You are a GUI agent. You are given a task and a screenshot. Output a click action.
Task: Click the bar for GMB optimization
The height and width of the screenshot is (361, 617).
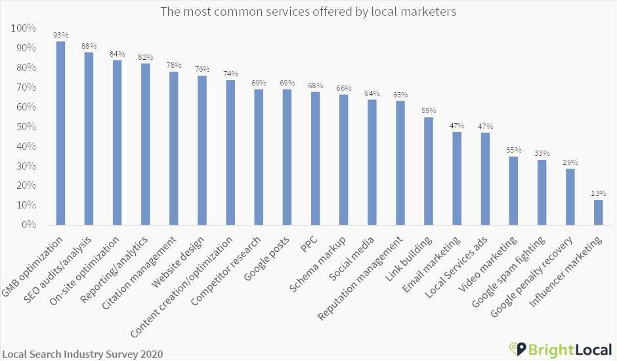(x=60, y=133)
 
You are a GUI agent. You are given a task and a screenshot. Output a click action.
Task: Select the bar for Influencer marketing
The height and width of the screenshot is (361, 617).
(x=598, y=212)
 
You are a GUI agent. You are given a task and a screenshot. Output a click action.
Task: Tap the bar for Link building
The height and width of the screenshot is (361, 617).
(x=429, y=171)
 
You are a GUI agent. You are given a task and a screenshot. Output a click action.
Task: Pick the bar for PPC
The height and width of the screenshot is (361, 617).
(x=315, y=158)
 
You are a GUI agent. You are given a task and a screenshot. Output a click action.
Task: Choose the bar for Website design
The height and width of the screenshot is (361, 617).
(x=202, y=151)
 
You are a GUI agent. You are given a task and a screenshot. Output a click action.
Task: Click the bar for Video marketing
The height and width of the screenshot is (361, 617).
(x=513, y=191)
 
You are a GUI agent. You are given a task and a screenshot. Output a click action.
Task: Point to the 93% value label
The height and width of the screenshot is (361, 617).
(x=60, y=34)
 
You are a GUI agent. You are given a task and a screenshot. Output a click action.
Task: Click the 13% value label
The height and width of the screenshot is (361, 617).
(x=598, y=193)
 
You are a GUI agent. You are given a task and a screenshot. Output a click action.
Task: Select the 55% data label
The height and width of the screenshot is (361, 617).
(x=429, y=110)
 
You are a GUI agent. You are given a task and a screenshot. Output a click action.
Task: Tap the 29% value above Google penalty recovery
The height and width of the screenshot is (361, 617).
(x=570, y=162)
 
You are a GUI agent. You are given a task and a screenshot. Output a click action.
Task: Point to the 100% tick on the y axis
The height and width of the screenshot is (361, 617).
(x=24, y=28)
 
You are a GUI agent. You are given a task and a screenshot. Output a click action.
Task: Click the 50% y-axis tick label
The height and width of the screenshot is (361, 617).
(x=26, y=127)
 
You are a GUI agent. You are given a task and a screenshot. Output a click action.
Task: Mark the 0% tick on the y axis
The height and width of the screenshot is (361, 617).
(x=29, y=225)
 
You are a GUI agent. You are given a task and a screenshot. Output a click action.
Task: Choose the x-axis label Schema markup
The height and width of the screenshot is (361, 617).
(x=326, y=258)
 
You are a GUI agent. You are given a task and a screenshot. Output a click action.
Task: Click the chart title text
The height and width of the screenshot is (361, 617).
(x=308, y=12)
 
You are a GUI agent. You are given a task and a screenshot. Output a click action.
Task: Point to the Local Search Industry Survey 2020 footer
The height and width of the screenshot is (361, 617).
(x=82, y=354)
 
